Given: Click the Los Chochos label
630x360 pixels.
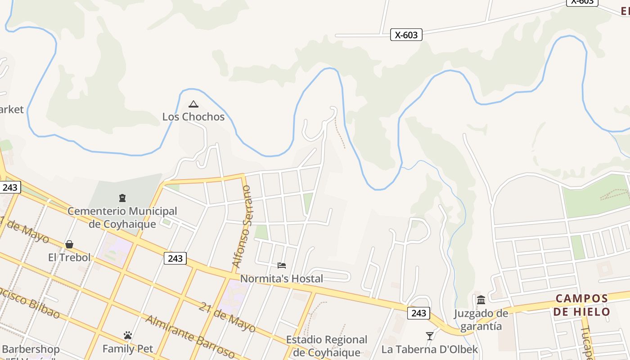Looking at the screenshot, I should pyautogui.click(x=193, y=117).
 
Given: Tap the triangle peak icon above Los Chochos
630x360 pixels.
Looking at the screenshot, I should pyautogui.click(x=193, y=104).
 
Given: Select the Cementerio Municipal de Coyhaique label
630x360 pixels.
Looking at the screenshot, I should pyautogui.click(x=122, y=217).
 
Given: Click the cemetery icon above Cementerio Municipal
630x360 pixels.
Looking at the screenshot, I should pyautogui.click(x=122, y=198).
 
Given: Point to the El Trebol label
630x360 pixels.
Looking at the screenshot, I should pyautogui.click(x=69, y=257).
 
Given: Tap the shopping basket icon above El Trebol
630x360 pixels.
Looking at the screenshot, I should pyautogui.click(x=69, y=244).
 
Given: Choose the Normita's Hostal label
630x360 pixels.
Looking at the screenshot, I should pyautogui.click(x=281, y=279).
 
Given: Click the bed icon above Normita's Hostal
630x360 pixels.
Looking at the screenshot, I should pyautogui.click(x=282, y=265).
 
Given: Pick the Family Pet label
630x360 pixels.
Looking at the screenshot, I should pyautogui.click(x=128, y=349).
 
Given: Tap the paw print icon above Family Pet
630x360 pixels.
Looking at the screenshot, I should pyautogui.click(x=128, y=336).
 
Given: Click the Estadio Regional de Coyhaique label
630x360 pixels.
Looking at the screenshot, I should pyautogui.click(x=327, y=346).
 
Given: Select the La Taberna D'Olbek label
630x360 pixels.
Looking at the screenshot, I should pyautogui.click(x=430, y=349).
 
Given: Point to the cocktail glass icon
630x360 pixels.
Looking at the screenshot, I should pyautogui.click(x=430, y=336).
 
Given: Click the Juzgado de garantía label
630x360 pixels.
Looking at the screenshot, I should pyautogui.click(x=481, y=319).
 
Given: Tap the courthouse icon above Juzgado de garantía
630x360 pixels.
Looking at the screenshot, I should pyautogui.click(x=481, y=300).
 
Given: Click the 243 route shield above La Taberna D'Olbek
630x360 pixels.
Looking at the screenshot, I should pyautogui.click(x=418, y=313).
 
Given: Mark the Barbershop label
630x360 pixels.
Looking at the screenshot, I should pyautogui.click(x=31, y=349).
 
